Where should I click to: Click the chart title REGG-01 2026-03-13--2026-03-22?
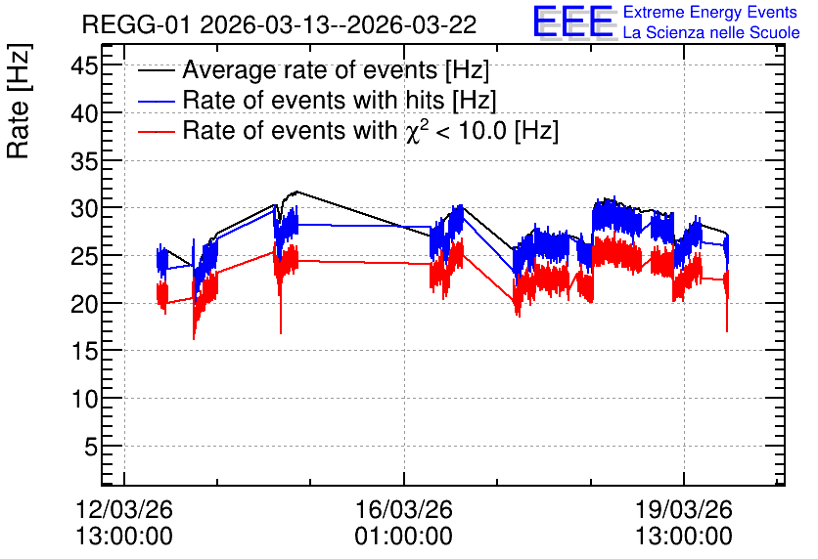[x=279, y=25]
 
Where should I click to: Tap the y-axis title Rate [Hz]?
[x=19, y=101]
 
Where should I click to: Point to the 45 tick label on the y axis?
[x=84, y=66]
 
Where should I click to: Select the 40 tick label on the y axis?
[x=84, y=113]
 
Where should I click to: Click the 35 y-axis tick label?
[x=84, y=161]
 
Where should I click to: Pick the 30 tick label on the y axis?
[x=84, y=209]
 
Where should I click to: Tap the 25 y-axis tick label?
[x=84, y=256]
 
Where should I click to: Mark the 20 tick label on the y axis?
[x=84, y=304]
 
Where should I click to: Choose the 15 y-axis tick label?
[x=84, y=352]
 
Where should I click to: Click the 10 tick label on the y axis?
[x=84, y=399]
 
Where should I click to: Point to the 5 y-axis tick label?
[x=91, y=447]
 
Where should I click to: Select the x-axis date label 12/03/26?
[x=124, y=509]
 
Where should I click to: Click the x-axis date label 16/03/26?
[x=404, y=509]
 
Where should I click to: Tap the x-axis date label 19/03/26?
[x=683, y=509]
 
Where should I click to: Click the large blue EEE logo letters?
[x=573, y=21]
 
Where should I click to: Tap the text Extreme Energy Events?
[x=710, y=12]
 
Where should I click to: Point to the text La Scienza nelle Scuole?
[x=711, y=32]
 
